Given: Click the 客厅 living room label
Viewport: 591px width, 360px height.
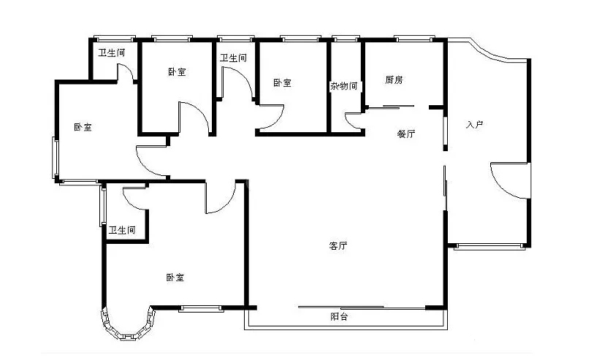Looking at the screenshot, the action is pos(338,246).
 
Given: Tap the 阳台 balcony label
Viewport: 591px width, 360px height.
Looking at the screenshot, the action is pos(339,316).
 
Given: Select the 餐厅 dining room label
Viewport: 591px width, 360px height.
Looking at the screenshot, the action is pos(406,134).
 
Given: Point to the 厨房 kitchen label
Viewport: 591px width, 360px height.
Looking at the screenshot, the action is pos(394,80).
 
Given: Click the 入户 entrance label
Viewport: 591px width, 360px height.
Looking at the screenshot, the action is pos(475,124).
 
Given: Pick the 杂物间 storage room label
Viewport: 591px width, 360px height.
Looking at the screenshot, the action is pos(344,86).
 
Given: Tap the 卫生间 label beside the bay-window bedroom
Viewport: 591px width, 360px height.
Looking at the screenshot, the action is pos(122,230).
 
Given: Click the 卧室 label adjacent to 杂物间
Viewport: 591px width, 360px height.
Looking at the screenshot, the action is pos(282,83).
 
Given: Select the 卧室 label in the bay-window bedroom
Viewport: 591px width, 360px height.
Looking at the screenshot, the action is pos(175,277).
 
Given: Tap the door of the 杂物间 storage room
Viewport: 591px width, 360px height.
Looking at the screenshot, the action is pos(352,121).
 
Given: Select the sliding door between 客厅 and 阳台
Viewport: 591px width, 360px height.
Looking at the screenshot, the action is pos(362,307).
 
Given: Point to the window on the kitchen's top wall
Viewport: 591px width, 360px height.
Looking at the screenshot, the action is pos(415,39).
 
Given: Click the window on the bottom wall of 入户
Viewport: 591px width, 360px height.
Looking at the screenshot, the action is pos(489,247).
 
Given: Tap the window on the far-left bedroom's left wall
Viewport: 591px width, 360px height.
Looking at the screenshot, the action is pos(55,158).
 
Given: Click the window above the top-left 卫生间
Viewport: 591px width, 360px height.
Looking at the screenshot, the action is pos(115,39).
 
